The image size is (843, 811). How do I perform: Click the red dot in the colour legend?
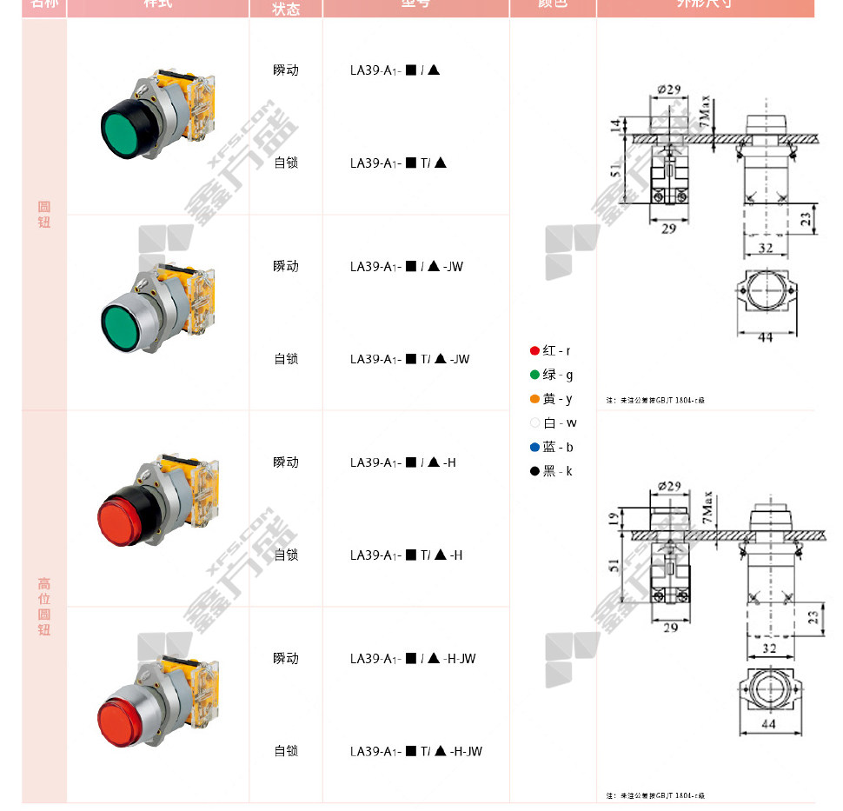[534, 351]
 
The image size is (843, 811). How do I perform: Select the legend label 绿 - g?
[558, 376]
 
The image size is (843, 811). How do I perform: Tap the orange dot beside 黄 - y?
[534, 400]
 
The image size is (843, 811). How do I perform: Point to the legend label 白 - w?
[560, 423]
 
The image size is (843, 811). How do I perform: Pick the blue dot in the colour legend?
[534, 448]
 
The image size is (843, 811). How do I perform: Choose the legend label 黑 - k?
[558, 472]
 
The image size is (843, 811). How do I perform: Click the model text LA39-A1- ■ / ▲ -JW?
[407, 267]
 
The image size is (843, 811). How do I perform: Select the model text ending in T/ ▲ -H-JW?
[416, 751]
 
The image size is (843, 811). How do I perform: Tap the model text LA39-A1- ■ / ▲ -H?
[403, 462]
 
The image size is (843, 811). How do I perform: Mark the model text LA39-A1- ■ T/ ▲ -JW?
[410, 359]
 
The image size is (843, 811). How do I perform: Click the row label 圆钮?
[44, 215]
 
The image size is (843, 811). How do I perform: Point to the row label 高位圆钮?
[44, 607]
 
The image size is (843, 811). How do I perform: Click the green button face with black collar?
[129, 134]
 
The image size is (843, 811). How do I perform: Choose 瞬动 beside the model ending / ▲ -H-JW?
[286, 659]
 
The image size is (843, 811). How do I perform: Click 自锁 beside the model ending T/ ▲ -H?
[286, 555]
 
